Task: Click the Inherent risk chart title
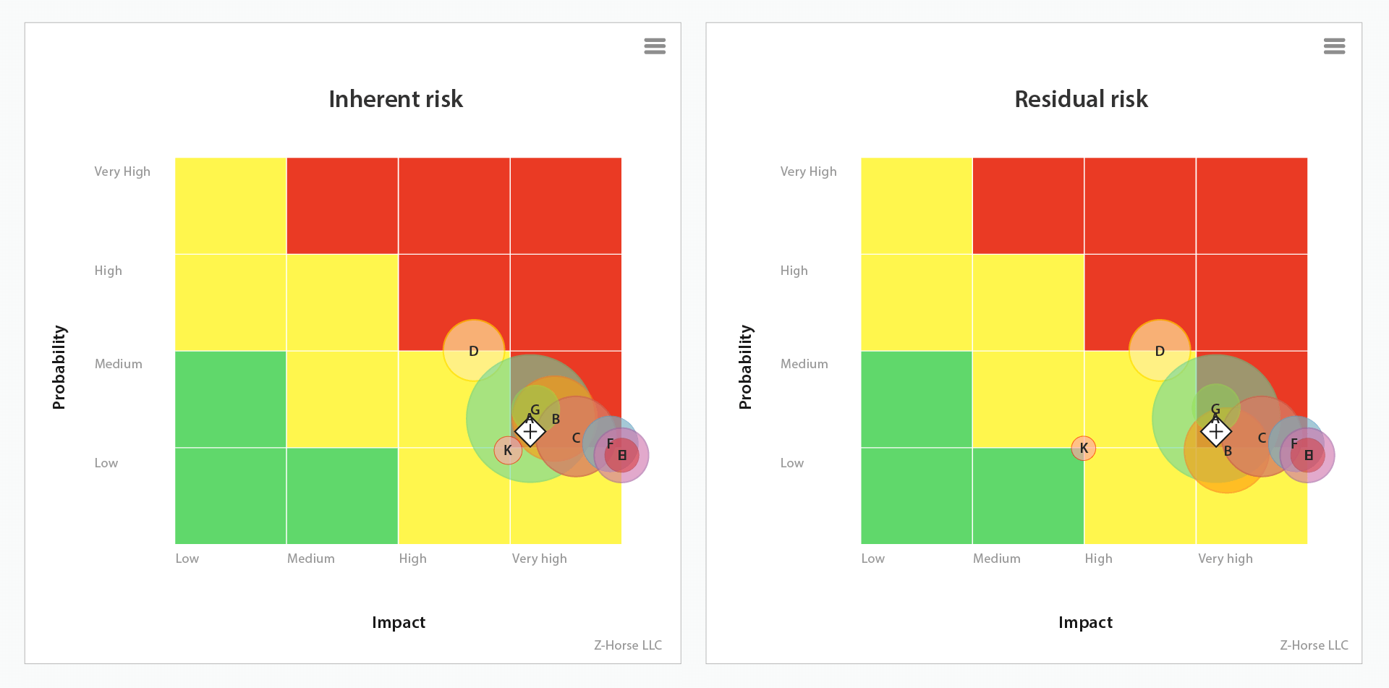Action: (x=395, y=99)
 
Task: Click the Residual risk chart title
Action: (x=1081, y=99)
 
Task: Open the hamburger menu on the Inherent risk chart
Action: (x=654, y=46)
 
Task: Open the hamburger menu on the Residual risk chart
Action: (x=1334, y=46)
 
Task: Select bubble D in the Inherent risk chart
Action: (x=474, y=351)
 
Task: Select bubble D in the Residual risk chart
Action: (x=1160, y=351)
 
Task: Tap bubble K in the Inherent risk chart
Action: (x=508, y=450)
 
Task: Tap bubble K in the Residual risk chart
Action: (x=1084, y=449)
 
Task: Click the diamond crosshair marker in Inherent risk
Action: (x=530, y=432)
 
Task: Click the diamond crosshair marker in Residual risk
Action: (x=1216, y=432)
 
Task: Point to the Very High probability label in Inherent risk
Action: (x=122, y=171)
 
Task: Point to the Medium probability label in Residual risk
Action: (x=804, y=364)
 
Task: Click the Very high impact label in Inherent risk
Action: (x=539, y=559)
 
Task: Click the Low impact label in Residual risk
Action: (x=872, y=559)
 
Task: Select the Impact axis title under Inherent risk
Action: (x=398, y=622)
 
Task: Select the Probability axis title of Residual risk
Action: (x=745, y=367)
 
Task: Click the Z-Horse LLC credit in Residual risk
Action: (x=1314, y=645)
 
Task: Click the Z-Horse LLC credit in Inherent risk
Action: (x=628, y=645)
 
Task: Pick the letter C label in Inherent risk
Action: (x=576, y=438)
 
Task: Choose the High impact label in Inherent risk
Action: (x=412, y=559)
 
